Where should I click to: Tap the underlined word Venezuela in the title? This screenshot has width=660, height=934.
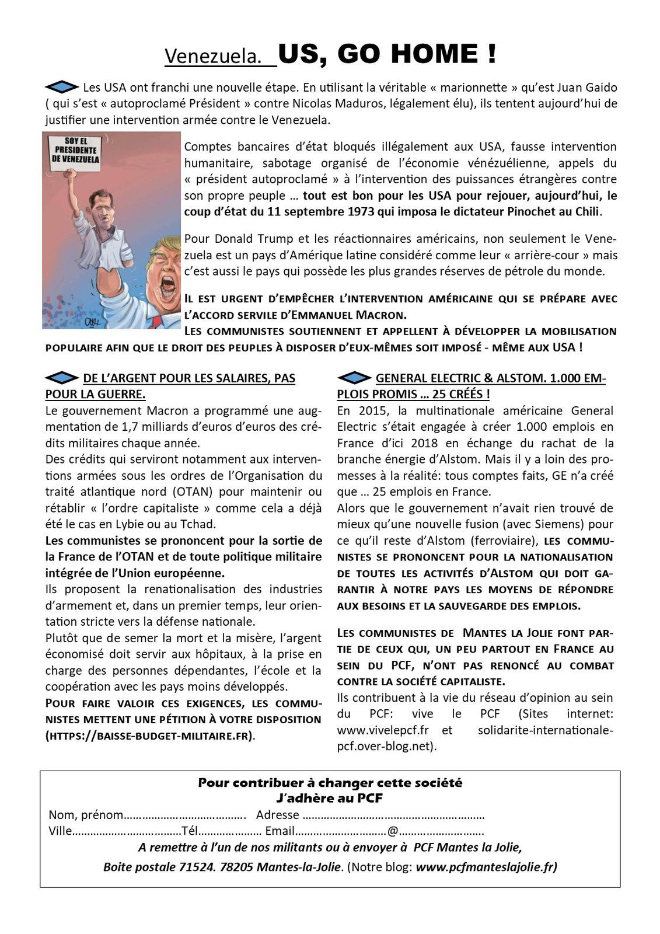pos(212,57)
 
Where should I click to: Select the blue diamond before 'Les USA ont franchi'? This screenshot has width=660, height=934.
pos(61,87)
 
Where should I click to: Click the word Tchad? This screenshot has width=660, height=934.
pos(200,524)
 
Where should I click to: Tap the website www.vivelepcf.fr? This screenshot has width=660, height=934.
pos(383,730)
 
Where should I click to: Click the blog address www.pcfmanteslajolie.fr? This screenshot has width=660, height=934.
pos(487,867)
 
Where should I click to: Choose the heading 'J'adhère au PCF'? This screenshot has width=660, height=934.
pos(330,798)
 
